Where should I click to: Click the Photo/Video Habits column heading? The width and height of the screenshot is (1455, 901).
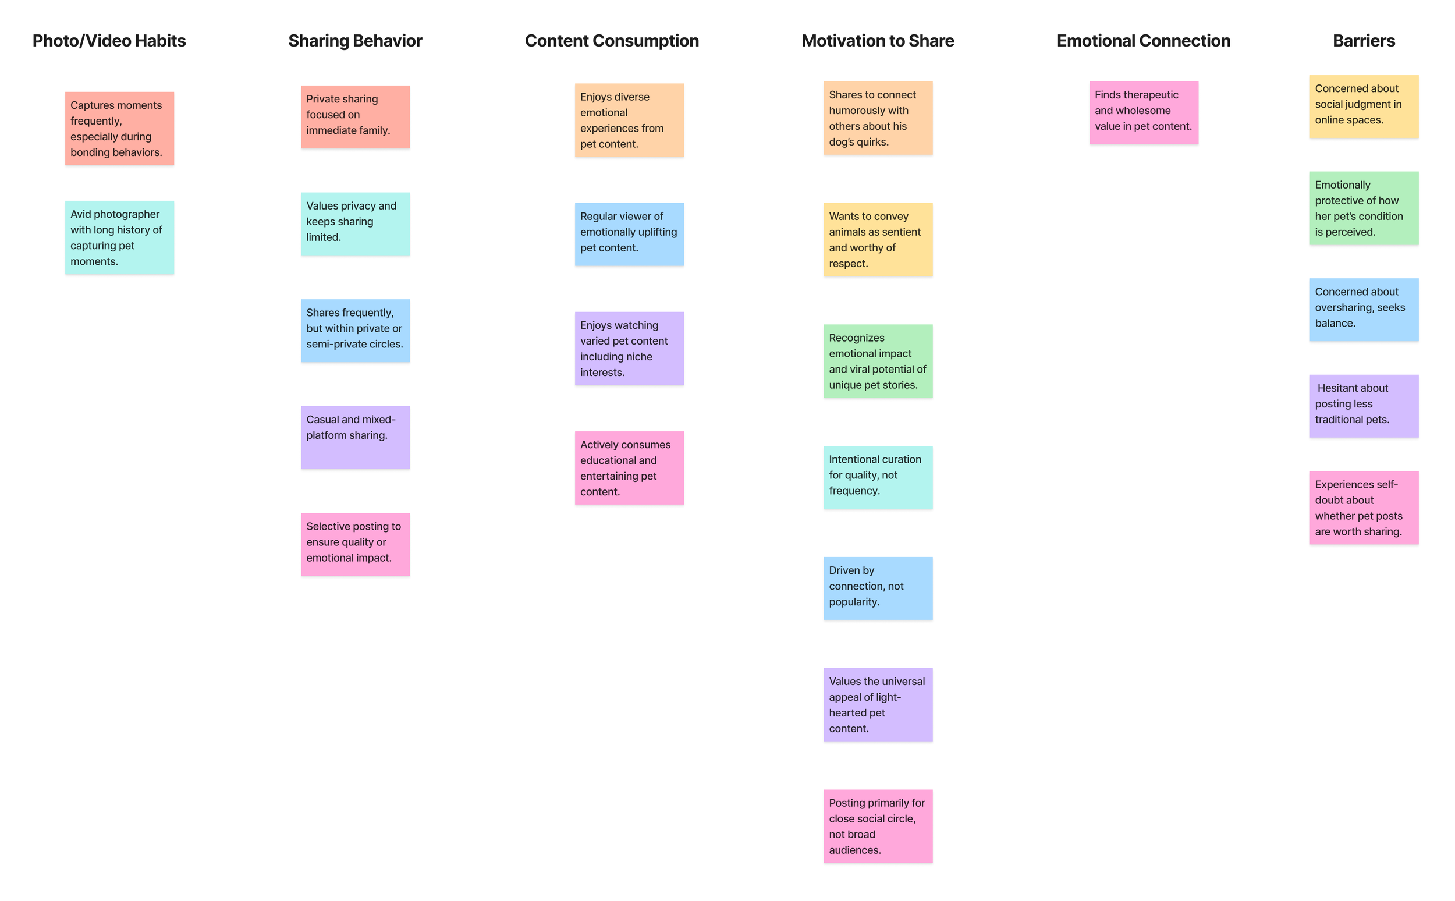click(109, 41)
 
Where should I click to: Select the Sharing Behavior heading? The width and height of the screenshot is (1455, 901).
click(355, 41)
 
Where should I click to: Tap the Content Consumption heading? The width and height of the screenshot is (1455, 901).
click(611, 41)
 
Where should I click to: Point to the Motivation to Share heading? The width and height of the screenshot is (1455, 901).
click(877, 41)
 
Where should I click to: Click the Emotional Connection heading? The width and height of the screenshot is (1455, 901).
click(1143, 41)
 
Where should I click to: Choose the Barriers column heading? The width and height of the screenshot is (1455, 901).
click(1363, 41)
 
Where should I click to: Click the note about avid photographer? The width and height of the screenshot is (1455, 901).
click(119, 237)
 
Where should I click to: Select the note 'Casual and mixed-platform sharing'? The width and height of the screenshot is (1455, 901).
click(355, 437)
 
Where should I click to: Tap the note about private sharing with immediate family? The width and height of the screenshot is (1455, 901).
click(355, 116)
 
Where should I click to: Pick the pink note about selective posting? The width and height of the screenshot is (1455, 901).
click(355, 544)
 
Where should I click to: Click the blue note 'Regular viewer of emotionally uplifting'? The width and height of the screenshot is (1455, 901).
click(629, 233)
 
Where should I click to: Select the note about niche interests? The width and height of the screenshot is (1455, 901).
click(629, 348)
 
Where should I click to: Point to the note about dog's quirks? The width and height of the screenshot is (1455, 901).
click(877, 118)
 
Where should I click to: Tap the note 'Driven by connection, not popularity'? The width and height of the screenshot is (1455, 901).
click(877, 587)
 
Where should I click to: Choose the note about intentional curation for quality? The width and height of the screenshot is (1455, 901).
click(877, 477)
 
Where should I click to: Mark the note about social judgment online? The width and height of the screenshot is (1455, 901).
click(1363, 106)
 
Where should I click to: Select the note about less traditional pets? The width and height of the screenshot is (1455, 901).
click(1363, 405)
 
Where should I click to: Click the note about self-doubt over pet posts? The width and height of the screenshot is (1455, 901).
click(1363, 507)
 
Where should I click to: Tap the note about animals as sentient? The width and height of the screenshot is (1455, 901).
click(877, 239)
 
